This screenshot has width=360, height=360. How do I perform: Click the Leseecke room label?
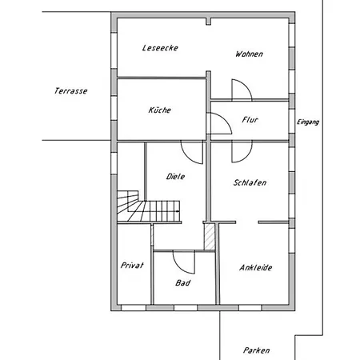(160, 48)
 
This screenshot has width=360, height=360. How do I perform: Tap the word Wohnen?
(249, 54)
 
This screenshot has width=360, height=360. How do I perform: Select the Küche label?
(160, 110)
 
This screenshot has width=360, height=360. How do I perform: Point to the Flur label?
(250, 120)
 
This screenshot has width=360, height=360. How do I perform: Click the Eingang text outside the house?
(308, 122)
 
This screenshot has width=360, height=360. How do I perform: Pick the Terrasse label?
(71, 91)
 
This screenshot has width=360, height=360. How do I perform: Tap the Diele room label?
(175, 176)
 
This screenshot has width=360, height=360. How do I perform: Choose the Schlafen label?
(250, 182)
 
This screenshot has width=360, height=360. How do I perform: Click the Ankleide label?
(256, 267)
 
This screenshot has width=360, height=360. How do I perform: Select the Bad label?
(183, 282)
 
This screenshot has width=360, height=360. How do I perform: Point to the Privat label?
(132, 266)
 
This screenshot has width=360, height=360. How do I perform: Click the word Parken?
(256, 350)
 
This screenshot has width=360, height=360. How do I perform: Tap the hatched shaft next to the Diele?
(210, 237)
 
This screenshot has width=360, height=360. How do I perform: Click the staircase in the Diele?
(148, 206)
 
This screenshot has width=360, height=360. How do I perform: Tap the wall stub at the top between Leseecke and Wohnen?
(209, 22)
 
